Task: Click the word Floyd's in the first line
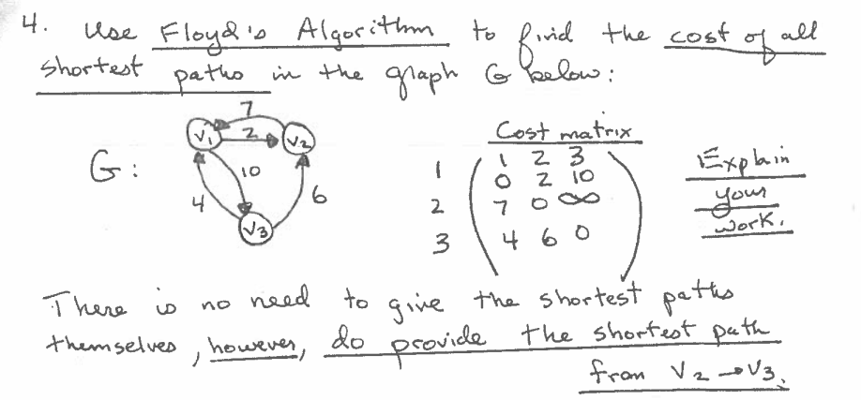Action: [x=203, y=40]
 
